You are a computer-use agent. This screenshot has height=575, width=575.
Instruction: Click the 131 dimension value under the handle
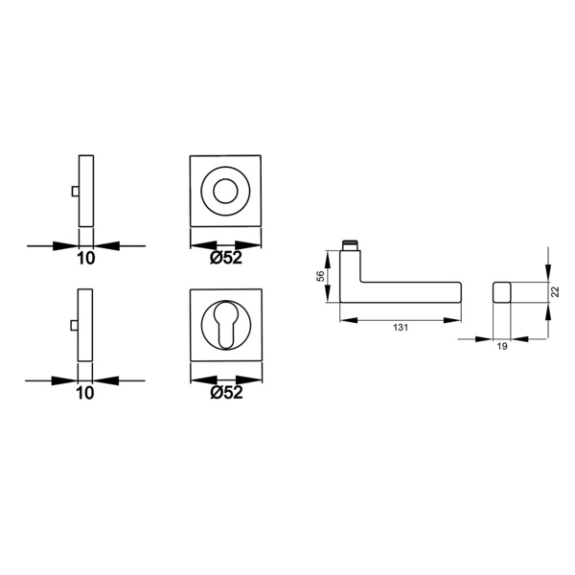coord(401,328)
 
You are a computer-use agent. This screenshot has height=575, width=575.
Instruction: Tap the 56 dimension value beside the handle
coord(320,276)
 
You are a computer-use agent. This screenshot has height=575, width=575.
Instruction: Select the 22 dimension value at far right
coord(556,291)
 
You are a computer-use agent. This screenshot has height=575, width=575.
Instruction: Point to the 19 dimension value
coord(502,346)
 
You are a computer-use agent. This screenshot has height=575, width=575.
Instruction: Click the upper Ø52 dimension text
coord(226,258)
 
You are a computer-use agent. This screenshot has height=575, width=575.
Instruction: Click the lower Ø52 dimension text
coord(226,392)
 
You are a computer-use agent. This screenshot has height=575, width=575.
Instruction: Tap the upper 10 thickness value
coord(86,259)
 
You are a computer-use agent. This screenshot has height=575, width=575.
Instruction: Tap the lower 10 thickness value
coord(85,393)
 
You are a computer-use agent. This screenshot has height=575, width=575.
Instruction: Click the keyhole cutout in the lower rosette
coord(226,325)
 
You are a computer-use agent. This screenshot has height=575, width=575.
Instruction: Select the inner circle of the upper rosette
coord(225,191)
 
